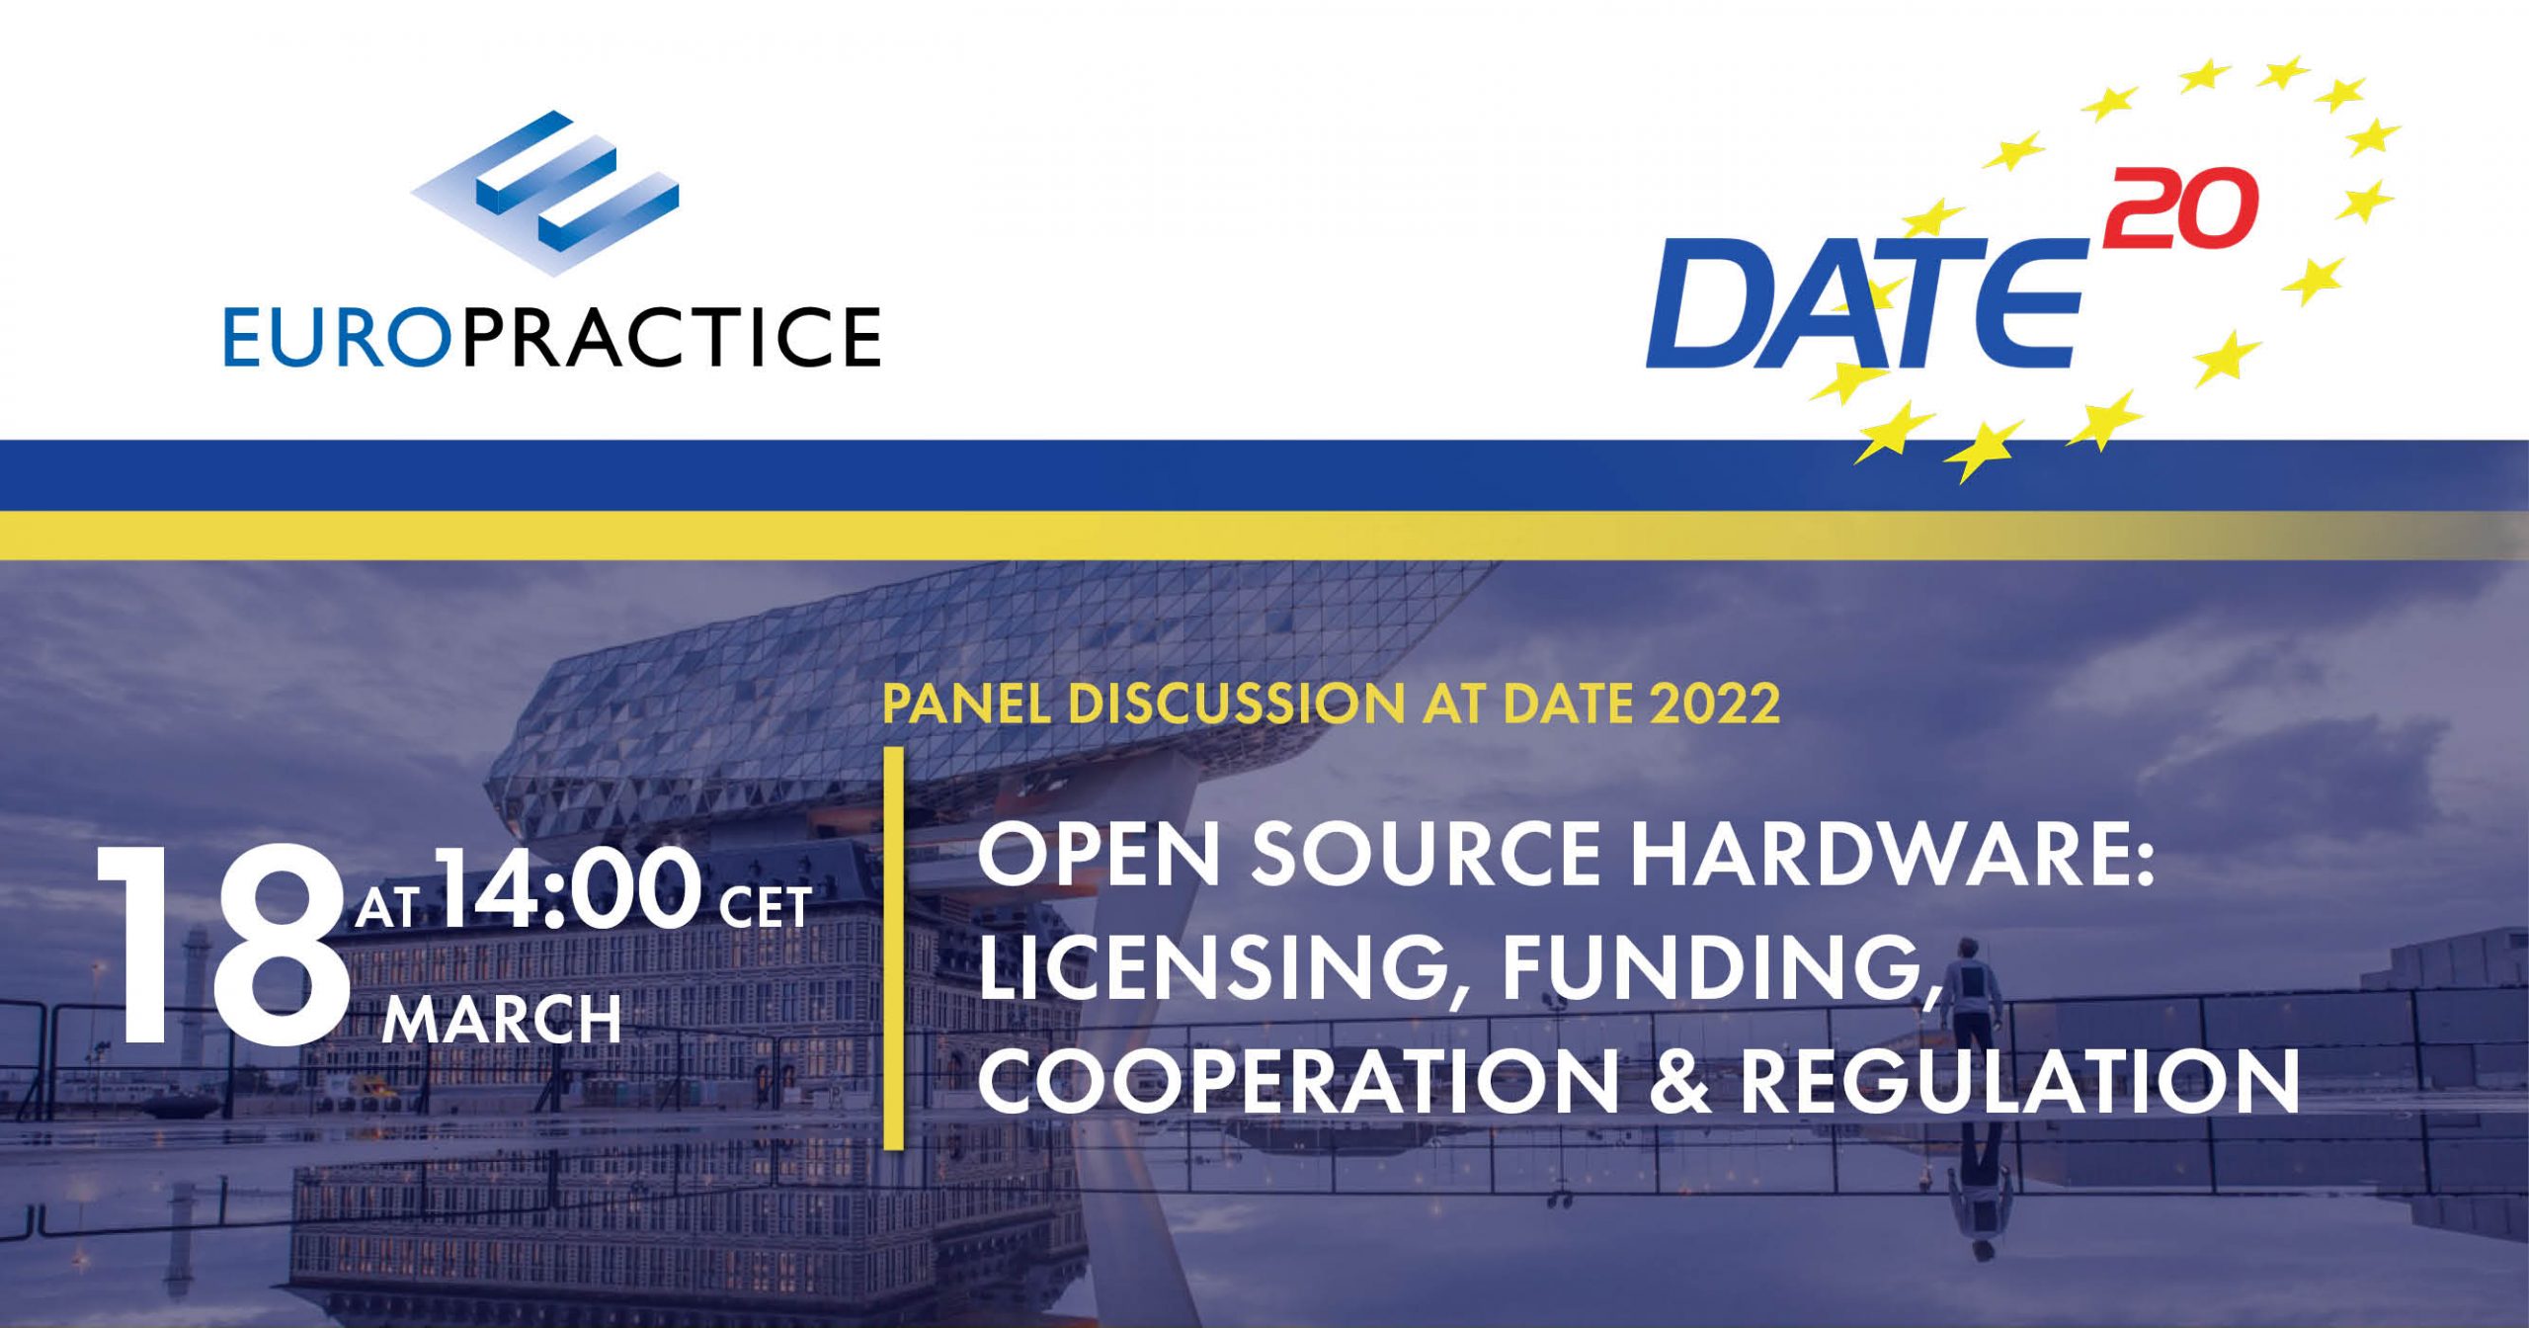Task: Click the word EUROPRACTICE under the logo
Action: pos(552,337)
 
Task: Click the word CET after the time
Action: pos(766,907)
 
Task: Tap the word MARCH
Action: pos(502,1020)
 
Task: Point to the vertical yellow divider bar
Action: pos(894,949)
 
